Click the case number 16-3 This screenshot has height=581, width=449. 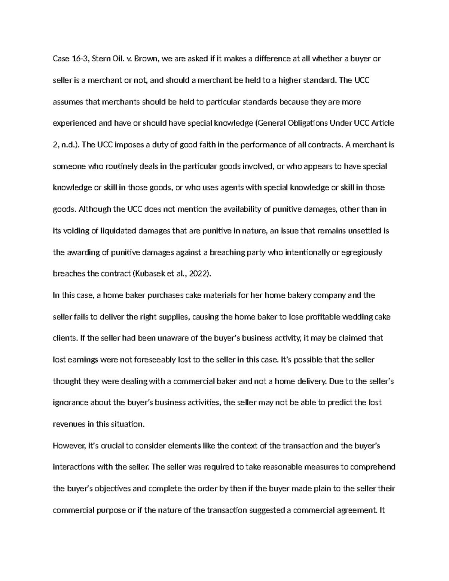pyautogui.click(x=79, y=58)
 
